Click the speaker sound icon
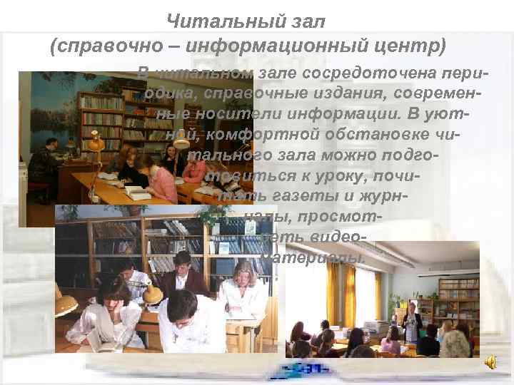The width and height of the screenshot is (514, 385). tap(490, 364)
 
